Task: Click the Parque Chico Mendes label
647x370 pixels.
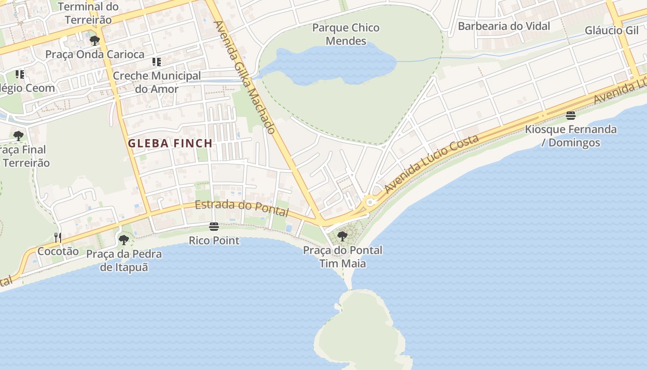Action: (346, 34)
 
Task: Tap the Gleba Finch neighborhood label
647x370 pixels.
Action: (170, 143)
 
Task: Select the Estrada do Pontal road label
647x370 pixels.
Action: (242, 208)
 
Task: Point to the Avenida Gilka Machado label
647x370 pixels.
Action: (245, 77)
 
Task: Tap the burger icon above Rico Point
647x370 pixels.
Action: (214, 227)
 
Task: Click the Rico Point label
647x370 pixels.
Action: (214, 240)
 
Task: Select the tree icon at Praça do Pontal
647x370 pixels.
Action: (342, 236)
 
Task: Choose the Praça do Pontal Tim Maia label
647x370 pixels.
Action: (342, 257)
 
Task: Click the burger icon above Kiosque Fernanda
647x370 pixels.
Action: (571, 116)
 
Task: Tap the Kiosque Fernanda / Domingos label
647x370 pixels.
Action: (571, 136)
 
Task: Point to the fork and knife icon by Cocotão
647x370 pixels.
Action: (58, 238)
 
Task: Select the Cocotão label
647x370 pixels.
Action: (58, 252)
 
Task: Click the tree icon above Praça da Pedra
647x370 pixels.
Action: (123, 240)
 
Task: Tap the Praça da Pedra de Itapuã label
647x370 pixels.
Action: (124, 260)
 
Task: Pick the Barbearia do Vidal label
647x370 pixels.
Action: (504, 26)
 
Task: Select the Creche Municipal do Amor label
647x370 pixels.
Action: (157, 82)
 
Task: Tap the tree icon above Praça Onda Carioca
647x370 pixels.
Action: (95, 41)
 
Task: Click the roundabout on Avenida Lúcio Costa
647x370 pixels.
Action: (369, 202)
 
